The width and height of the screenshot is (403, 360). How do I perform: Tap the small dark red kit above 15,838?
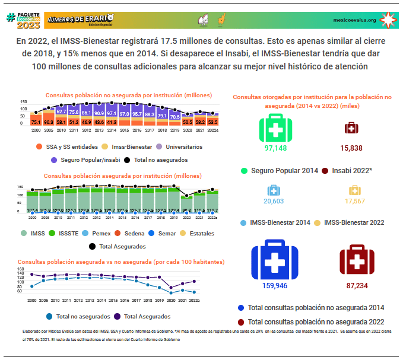click(352, 128)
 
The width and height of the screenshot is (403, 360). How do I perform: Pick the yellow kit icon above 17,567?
click(354, 190)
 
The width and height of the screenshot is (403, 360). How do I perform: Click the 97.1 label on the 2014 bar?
click(112, 113)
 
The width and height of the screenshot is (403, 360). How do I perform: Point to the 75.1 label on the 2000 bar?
click(36, 122)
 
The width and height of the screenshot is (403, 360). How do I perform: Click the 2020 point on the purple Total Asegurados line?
click(171, 287)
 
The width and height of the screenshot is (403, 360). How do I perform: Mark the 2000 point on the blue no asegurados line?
click(31, 286)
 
